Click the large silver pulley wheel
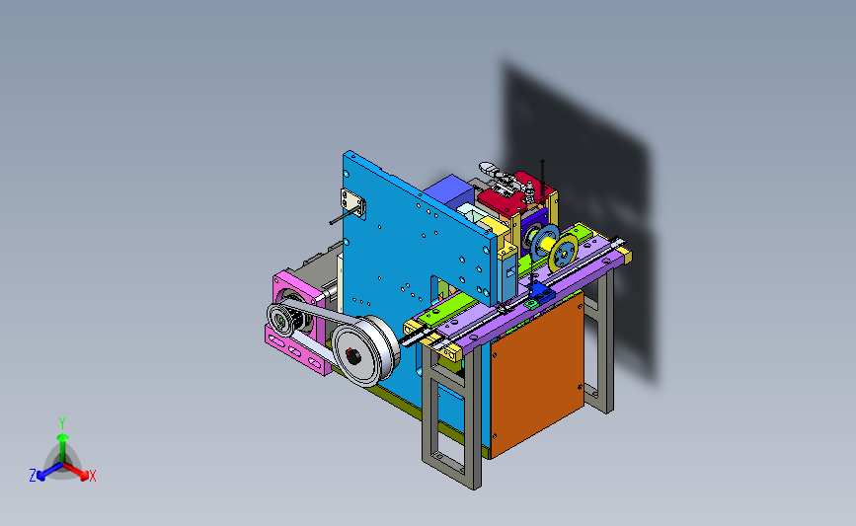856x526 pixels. [364, 351]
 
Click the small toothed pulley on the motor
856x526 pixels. [283, 319]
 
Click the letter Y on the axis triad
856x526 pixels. [62, 423]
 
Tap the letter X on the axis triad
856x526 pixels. [92, 476]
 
